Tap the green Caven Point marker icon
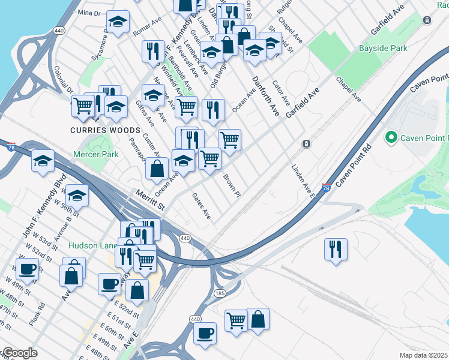(392, 138)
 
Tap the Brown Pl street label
(232, 185)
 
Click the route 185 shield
(220, 293)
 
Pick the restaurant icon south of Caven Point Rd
(336, 248)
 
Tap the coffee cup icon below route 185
(205, 332)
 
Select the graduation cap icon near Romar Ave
(118, 22)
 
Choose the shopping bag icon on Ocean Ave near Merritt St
(157, 169)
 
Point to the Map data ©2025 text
(424, 355)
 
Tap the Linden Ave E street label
(303, 181)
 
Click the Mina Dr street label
(89, 12)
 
